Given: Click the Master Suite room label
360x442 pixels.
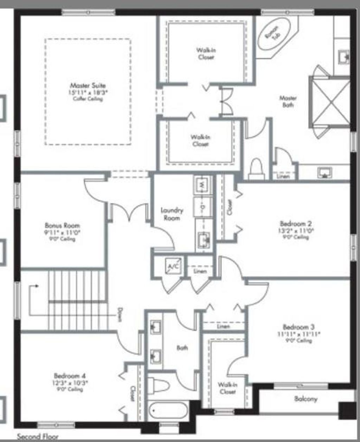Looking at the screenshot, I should pos(88,85).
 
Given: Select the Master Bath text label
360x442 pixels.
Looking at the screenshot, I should pos(288,101).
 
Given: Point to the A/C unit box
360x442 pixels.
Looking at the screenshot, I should pos(174,267).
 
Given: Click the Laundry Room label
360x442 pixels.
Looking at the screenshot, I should pos(172,214).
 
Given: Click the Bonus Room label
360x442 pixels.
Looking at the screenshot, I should pos(62,225).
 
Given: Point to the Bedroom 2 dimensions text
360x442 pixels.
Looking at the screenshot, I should pos(296,231).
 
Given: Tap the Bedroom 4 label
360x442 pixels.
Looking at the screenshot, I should pos(70,376).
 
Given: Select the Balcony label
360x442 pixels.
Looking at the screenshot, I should pos(306,399).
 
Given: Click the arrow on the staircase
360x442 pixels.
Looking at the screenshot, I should pos(36,286).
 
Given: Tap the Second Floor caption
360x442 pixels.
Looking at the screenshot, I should pos(38,437).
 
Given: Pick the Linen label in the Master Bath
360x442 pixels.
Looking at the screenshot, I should pos(283,176).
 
